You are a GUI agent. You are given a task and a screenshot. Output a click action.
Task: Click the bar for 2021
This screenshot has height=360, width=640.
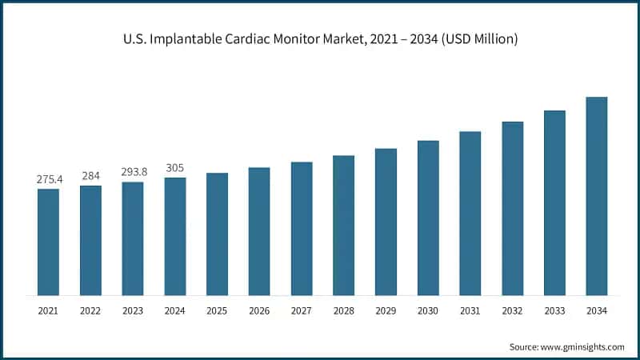[x=48, y=242]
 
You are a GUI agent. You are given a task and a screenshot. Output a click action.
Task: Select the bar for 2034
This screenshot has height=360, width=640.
[x=596, y=196]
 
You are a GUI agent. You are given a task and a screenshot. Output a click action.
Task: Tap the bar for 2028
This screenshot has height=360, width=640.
[x=343, y=225]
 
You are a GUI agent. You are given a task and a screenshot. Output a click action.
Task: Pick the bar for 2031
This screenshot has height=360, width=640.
[x=470, y=213]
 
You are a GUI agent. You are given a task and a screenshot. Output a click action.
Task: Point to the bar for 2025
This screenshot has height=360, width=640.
[x=217, y=234]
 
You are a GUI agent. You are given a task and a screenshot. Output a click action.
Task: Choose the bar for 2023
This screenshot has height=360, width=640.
[x=133, y=238]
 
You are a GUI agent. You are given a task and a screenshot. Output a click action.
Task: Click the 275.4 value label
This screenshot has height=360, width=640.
[x=48, y=180]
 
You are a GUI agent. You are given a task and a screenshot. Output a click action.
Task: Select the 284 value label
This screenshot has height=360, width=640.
[x=90, y=176]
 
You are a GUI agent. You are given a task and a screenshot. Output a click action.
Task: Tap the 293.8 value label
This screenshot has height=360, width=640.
[x=133, y=173]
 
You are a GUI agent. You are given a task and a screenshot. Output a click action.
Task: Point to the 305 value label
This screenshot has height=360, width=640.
[x=174, y=168]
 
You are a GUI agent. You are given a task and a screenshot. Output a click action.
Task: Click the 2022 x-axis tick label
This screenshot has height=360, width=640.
[x=90, y=310]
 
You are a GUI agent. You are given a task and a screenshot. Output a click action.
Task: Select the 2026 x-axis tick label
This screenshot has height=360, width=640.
[x=259, y=310]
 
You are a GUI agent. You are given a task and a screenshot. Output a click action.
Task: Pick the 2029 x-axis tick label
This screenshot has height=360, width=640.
[x=386, y=310]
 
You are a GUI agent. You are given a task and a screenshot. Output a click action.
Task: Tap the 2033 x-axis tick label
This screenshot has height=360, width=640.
[x=554, y=310]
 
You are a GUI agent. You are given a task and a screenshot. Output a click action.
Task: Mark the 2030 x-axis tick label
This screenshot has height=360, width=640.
[x=428, y=310]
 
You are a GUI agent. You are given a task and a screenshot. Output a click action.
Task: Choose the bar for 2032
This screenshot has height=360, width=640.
[x=512, y=208]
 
